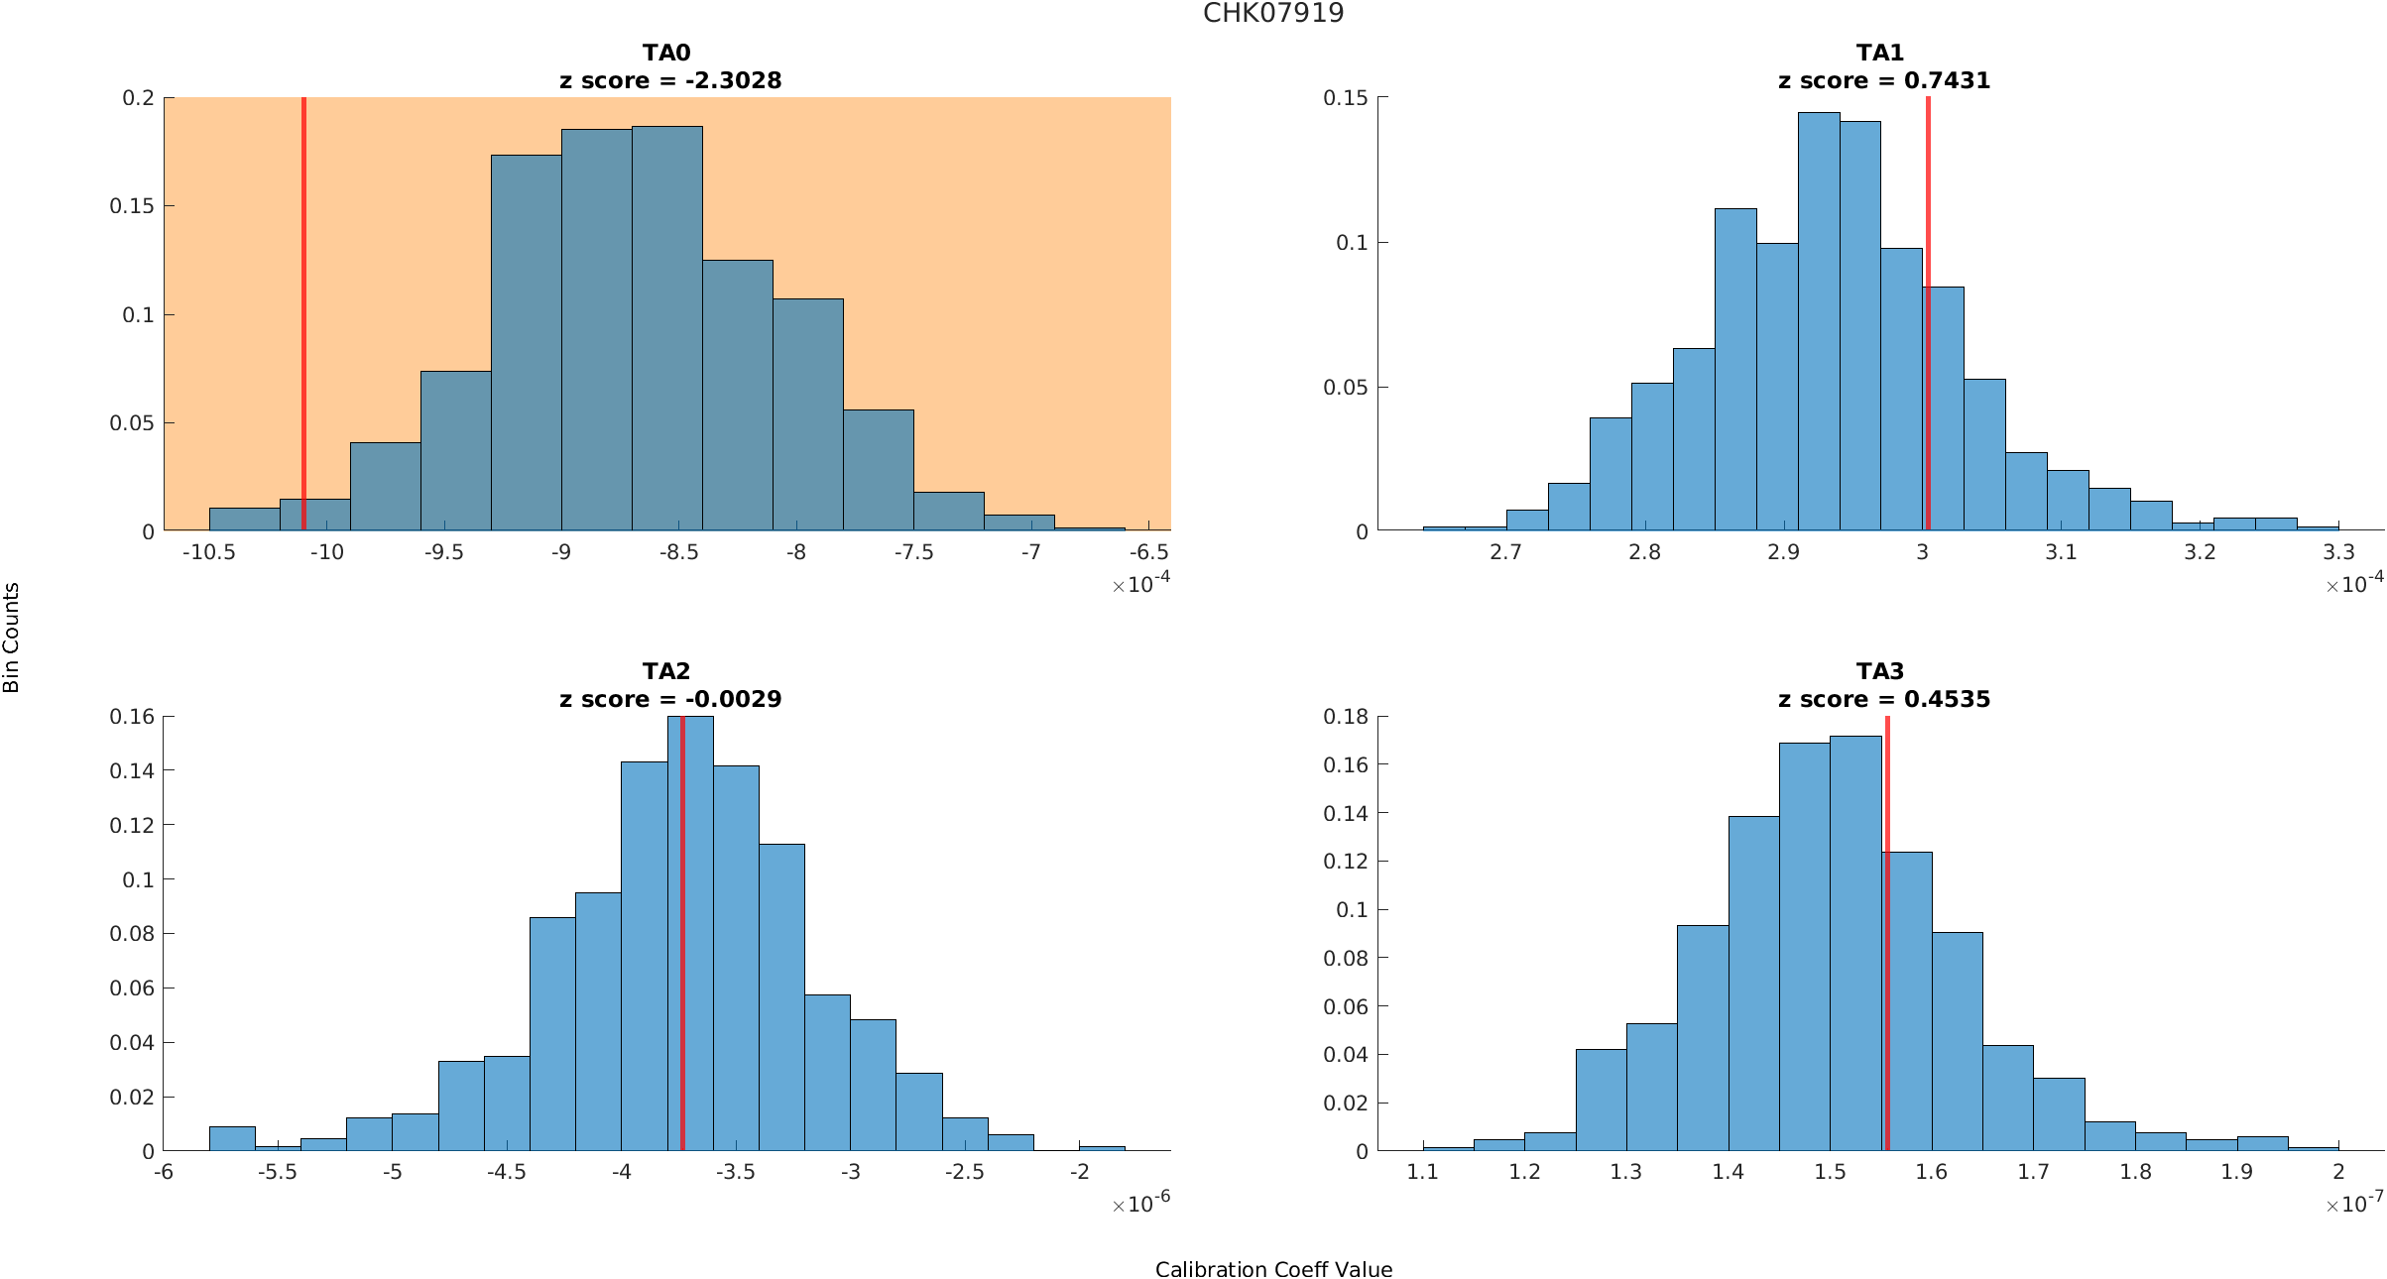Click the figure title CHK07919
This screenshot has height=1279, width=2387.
[1273, 13]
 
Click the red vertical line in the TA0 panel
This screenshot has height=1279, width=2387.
[303, 297]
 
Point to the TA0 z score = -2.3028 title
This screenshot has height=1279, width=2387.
[670, 80]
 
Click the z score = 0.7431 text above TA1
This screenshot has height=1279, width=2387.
[1883, 80]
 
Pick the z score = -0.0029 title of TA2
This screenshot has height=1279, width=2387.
[670, 699]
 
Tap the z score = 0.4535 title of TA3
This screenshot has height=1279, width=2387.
[1883, 699]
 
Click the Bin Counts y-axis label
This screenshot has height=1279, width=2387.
[12, 638]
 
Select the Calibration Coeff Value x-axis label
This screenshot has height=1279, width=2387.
[1273, 1269]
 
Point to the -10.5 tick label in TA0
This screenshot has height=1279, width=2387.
[208, 552]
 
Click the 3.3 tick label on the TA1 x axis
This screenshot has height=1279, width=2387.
[2337, 552]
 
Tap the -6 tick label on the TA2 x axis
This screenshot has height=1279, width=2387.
[164, 1172]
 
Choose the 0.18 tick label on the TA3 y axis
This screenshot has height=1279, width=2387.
[1347, 717]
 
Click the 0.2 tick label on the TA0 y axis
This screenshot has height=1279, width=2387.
[138, 98]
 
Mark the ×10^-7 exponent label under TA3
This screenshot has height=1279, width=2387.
[2354, 1204]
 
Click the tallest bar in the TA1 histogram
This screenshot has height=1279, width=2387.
[1818, 327]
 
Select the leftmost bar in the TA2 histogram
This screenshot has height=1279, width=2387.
[232, 1139]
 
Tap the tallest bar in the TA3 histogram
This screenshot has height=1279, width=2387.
[1854, 942]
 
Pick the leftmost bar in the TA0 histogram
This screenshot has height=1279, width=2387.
[244, 520]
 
